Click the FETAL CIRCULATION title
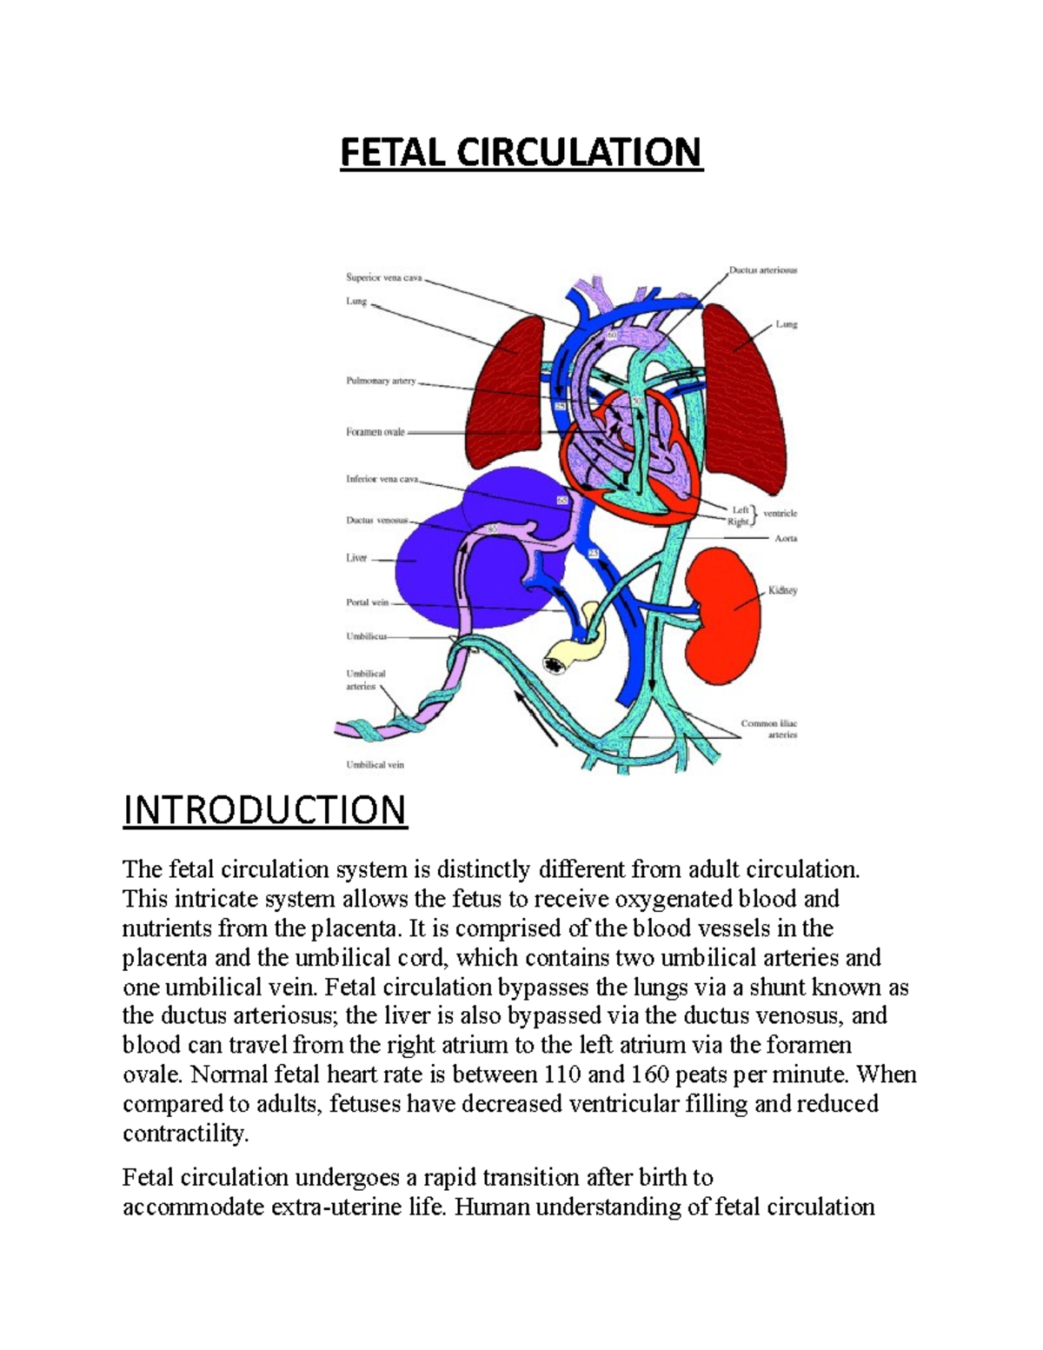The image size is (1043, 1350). click(521, 152)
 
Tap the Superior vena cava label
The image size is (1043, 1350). click(383, 278)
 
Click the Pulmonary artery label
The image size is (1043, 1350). click(381, 381)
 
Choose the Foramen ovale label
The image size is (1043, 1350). click(375, 432)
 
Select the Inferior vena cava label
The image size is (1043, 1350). click(382, 479)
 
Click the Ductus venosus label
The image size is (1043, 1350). click(376, 521)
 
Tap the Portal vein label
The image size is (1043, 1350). click(368, 602)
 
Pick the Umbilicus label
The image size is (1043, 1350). click(366, 636)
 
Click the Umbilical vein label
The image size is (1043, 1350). click(375, 765)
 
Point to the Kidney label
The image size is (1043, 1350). click(782, 590)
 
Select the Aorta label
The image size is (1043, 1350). click(786, 539)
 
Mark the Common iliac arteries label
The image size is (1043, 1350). click(769, 728)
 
